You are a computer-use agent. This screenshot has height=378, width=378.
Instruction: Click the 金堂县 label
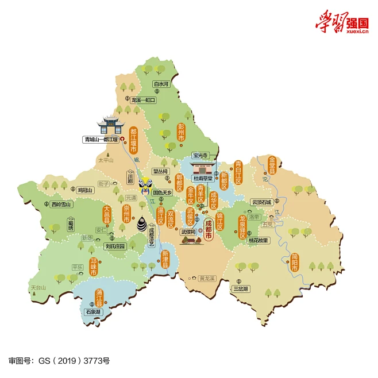point(272,165)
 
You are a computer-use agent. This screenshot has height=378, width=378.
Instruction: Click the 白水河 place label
point(161,84)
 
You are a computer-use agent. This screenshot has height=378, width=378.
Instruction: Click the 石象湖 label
point(92,311)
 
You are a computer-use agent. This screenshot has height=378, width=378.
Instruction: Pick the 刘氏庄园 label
point(115,246)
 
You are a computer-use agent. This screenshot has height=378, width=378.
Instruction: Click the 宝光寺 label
point(200,155)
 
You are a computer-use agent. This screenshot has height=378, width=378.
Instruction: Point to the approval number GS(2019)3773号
point(59,361)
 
